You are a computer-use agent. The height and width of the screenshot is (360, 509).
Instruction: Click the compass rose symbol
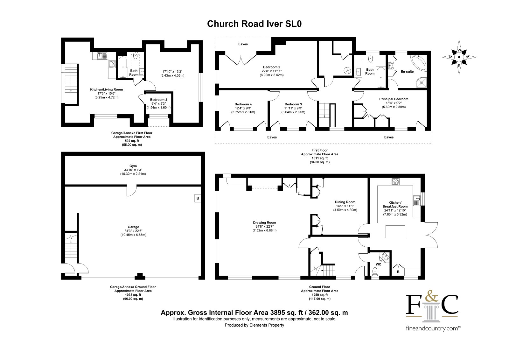(x=459, y=57)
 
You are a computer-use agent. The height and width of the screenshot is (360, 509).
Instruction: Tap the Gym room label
(x=133, y=166)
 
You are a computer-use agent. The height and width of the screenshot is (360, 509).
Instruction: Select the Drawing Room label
(x=264, y=222)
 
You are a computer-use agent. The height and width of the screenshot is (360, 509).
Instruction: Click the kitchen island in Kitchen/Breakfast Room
(x=395, y=231)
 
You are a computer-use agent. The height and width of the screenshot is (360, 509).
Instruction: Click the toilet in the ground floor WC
(x=375, y=272)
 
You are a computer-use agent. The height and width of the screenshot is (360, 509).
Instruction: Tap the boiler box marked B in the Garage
(x=198, y=198)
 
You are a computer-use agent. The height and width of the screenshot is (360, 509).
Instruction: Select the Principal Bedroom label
(x=394, y=99)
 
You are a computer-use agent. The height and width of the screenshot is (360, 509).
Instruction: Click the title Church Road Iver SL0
(x=254, y=24)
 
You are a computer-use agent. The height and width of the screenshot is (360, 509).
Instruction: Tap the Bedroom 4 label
(x=243, y=104)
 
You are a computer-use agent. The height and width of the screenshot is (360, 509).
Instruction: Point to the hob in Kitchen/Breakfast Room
(x=396, y=182)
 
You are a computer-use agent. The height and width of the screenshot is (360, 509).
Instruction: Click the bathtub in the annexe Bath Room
(x=123, y=67)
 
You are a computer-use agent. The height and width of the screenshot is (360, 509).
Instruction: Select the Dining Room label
(x=345, y=202)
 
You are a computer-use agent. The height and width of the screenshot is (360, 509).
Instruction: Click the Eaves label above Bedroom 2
(x=243, y=44)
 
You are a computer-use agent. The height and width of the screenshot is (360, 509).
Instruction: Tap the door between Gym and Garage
(x=132, y=191)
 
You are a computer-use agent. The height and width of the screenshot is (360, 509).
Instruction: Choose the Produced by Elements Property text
(x=254, y=325)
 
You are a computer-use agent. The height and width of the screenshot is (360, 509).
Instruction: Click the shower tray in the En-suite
(x=421, y=83)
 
